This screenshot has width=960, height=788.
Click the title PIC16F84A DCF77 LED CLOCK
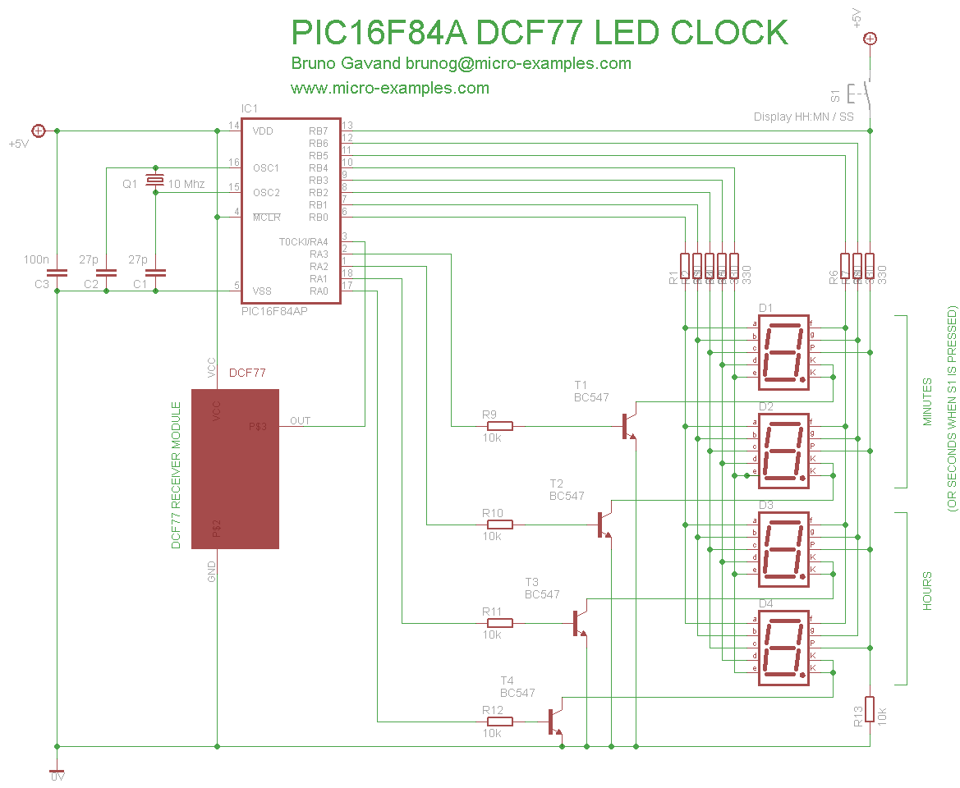[x=540, y=33]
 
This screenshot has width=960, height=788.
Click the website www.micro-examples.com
[x=389, y=88]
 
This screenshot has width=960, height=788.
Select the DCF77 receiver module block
[x=235, y=469]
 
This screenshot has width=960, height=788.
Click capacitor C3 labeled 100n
[x=57, y=273]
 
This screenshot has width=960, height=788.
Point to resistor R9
[x=497, y=426]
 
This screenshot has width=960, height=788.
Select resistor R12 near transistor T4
[x=497, y=722]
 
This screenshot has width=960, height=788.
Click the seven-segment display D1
[x=783, y=350]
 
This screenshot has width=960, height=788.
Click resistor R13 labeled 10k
[x=870, y=709]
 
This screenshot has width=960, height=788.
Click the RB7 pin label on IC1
[x=318, y=131]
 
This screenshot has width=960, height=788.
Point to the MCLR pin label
[x=266, y=218]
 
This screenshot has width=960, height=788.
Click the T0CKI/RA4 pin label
[x=303, y=242]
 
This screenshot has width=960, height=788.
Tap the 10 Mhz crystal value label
[x=186, y=184]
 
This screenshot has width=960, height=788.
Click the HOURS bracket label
[x=927, y=591]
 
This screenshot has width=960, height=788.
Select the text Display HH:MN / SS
[x=803, y=117]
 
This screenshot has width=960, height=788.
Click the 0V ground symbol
[x=57, y=772]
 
